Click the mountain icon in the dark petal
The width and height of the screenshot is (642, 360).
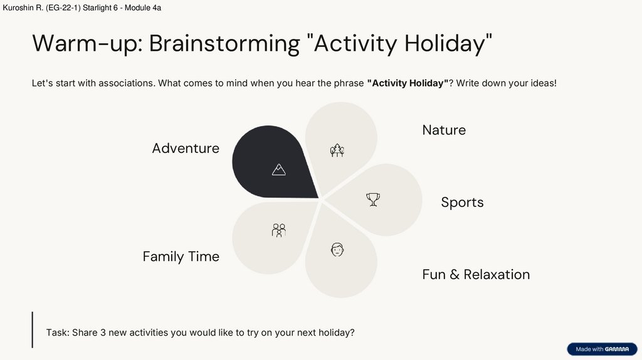click(x=279, y=169)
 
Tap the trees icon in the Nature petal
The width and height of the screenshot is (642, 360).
click(x=337, y=151)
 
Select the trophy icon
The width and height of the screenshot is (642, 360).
click(x=373, y=200)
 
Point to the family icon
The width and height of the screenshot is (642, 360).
click(x=279, y=230)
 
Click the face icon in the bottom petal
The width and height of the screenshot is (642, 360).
click(x=337, y=250)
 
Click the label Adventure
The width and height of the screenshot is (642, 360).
click(x=186, y=148)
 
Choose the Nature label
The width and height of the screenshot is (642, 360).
click(x=444, y=130)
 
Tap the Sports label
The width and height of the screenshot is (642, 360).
click(x=462, y=203)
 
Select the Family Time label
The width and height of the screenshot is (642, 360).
click(x=181, y=257)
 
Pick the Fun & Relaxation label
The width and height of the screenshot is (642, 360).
click(x=476, y=275)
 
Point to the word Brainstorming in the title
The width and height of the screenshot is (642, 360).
click(x=224, y=43)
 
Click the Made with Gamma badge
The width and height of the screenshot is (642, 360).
click(x=602, y=349)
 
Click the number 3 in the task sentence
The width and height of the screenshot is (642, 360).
click(x=103, y=332)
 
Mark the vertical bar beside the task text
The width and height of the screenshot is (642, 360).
click(x=33, y=330)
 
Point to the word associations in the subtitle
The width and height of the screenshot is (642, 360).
click(x=126, y=83)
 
